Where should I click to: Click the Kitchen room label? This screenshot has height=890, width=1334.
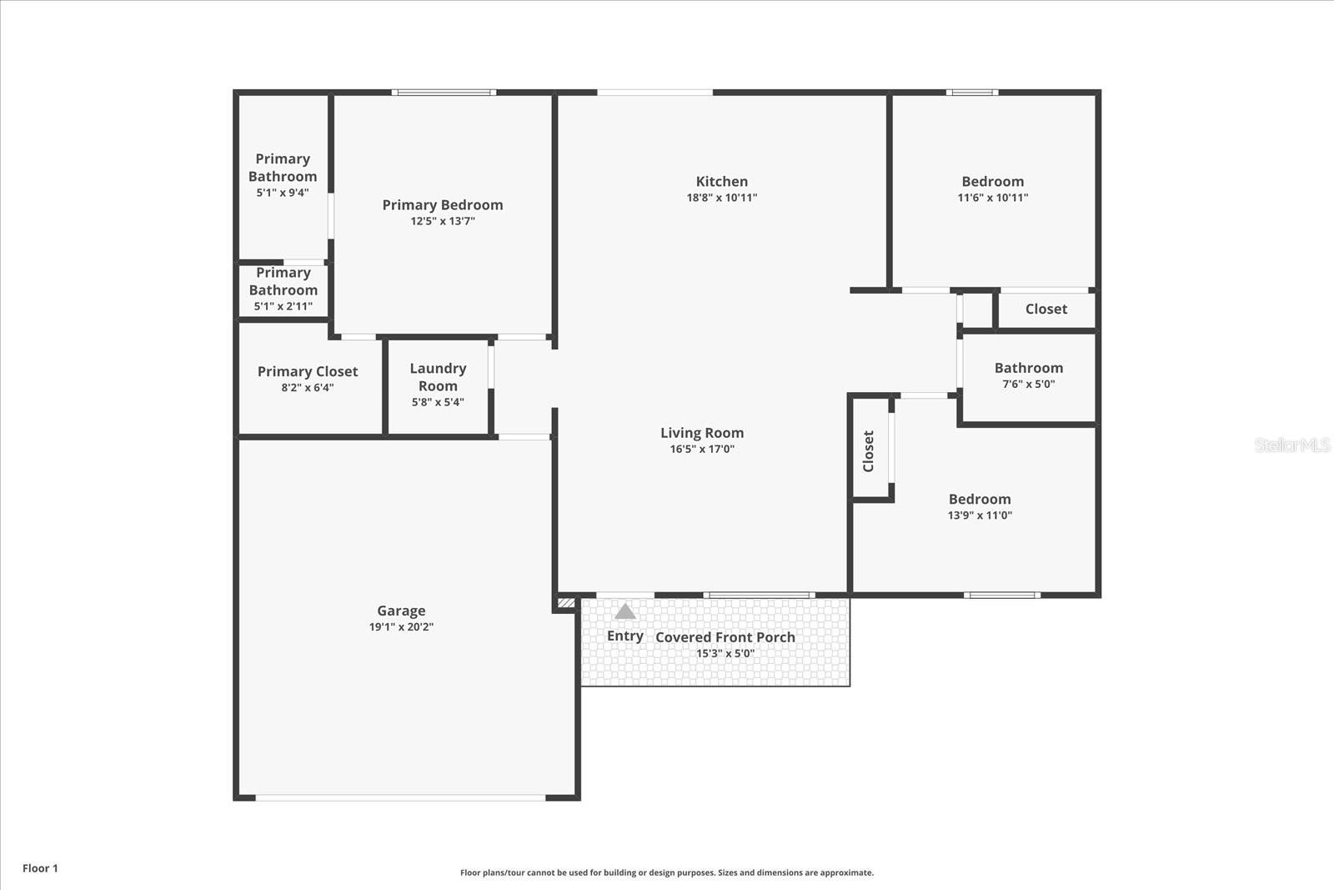pyautogui.click(x=721, y=181)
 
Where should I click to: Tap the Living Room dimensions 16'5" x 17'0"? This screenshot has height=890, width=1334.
pyautogui.click(x=702, y=449)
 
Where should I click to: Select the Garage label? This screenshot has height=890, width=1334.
pyautogui.click(x=401, y=611)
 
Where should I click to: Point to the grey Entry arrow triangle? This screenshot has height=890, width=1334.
pyautogui.click(x=624, y=611)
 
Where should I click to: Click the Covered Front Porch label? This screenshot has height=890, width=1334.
pyautogui.click(x=725, y=637)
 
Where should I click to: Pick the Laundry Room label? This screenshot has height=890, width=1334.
pyautogui.click(x=438, y=377)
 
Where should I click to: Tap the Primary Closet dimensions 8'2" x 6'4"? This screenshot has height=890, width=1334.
pyautogui.click(x=308, y=388)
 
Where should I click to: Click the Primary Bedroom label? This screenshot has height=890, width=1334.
pyautogui.click(x=443, y=204)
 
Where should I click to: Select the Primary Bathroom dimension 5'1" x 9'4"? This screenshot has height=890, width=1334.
pyautogui.click(x=283, y=193)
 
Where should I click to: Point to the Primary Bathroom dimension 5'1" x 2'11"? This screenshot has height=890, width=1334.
pyautogui.click(x=283, y=306)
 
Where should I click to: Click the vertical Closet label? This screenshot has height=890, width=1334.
pyautogui.click(x=869, y=451)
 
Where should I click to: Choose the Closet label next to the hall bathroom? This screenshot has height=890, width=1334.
pyautogui.click(x=1046, y=309)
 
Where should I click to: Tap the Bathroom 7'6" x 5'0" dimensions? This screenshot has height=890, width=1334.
pyautogui.click(x=1028, y=385)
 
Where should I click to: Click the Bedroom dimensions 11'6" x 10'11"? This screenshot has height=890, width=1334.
pyautogui.click(x=992, y=198)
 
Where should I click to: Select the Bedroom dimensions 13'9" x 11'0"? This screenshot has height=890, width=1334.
pyautogui.click(x=980, y=515)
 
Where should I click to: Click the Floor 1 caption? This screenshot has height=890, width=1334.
pyautogui.click(x=40, y=868)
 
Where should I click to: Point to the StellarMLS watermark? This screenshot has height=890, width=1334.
pyautogui.click(x=1291, y=445)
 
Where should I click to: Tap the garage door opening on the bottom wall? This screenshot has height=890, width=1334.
pyautogui.click(x=400, y=798)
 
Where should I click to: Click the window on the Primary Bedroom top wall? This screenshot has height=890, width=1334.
pyautogui.click(x=444, y=93)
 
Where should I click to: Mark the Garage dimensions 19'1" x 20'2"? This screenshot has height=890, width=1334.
pyautogui.click(x=401, y=627)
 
